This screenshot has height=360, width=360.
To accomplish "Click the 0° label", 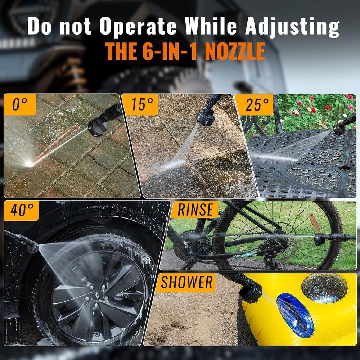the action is [x=20, y=104].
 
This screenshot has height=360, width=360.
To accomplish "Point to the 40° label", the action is [x=22, y=210].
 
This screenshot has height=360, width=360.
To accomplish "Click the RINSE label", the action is [x=195, y=210].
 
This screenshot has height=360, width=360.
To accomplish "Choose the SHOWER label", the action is [x=186, y=282].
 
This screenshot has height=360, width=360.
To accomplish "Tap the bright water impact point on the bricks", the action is [x=29, y=164].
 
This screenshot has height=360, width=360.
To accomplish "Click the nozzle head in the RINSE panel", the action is [x=319, y=239].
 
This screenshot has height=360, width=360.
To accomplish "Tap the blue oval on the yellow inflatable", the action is [x=295, y=315].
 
